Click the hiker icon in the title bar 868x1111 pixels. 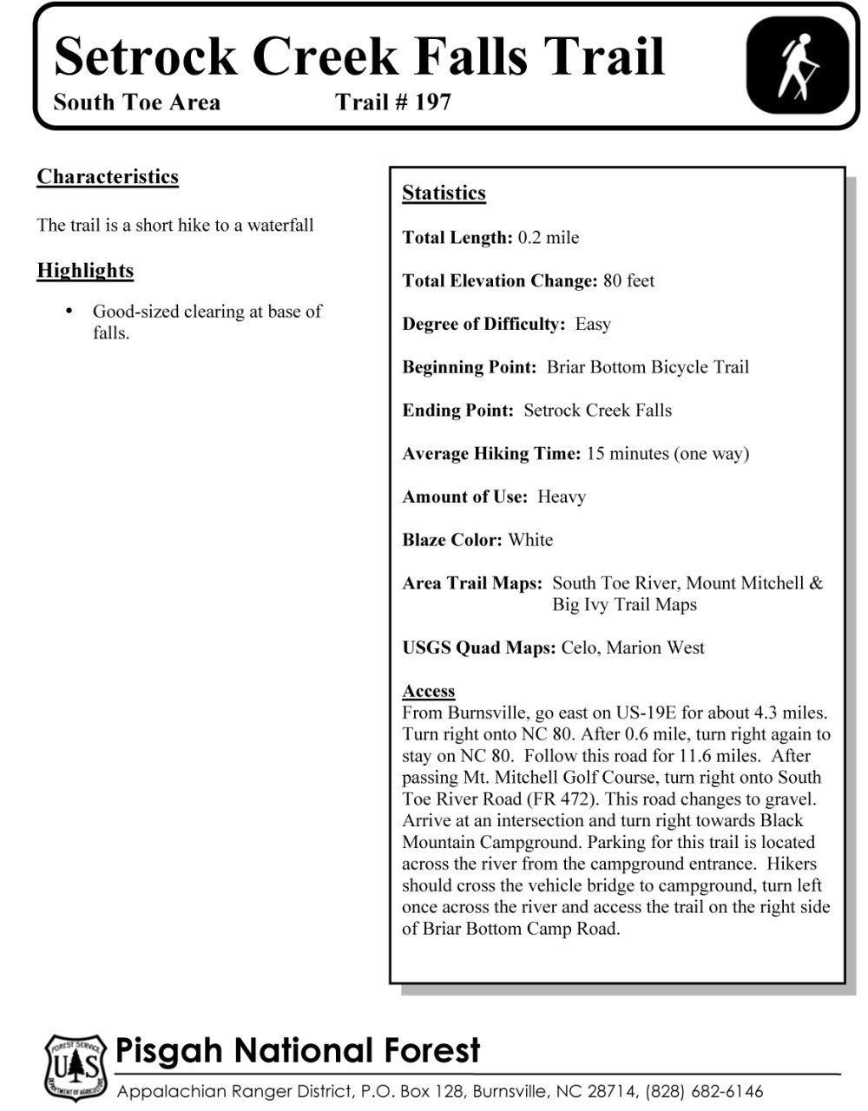coord(798,66)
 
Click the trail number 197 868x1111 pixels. coord(432,102)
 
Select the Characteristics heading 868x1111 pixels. coord(108,177)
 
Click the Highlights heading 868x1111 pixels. coord(85,271)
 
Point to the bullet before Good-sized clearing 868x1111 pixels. coord(69,311)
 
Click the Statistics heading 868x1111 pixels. coord(444,194)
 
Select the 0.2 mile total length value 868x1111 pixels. coord(549,238)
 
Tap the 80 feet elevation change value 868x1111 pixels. coord(628,281)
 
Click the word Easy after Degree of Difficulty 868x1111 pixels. coord(593,325)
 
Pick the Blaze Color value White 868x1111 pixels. coord(530,540)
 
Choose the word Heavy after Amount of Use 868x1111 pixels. coord(562,497)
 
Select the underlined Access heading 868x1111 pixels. coord(428,691)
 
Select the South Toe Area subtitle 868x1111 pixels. coord(136,102)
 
